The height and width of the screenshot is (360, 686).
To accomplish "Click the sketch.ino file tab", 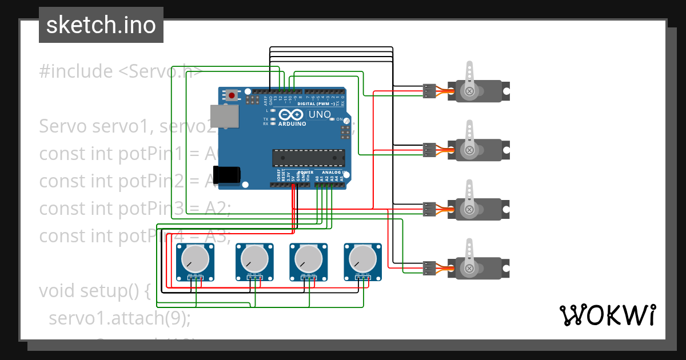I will pos(101,25).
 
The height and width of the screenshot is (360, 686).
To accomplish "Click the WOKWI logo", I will pos(607,315).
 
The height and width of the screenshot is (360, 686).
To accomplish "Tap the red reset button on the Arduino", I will pos(232,95).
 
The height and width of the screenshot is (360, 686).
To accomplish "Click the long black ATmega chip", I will pos(309,158).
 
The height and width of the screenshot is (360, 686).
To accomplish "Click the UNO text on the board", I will pos(320,115).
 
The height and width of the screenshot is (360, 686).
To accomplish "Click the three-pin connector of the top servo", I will pos(429,90).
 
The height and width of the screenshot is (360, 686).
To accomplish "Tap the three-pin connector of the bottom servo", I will pos(429,267).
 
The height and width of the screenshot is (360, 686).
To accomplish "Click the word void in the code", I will pos(57,291).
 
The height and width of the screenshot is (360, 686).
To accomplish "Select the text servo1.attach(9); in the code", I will pos(119,318).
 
